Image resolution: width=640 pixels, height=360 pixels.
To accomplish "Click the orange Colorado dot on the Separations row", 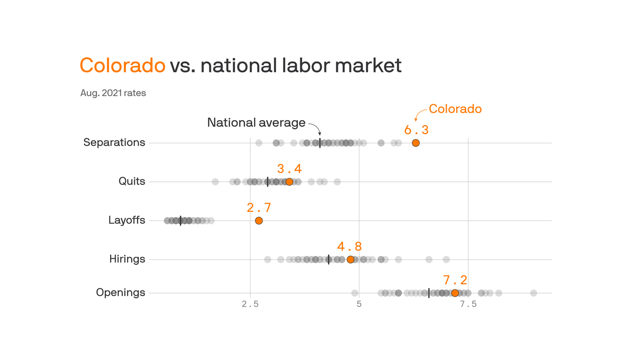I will point(416,143).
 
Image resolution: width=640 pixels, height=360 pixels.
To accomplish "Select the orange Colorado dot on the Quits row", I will point(289,182).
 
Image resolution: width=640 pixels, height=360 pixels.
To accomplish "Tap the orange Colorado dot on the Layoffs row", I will point(259,221).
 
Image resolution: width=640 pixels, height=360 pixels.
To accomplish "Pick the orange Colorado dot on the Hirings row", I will point(350,260).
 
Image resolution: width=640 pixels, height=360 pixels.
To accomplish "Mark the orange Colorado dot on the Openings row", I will point(455,293).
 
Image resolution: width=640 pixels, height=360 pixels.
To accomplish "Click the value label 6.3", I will point(416,130).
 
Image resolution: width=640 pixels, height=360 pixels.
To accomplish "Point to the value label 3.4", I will point(289,169).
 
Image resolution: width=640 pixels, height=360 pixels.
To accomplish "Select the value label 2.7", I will point(259,208).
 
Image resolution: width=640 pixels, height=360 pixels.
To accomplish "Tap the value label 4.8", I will point(350,247).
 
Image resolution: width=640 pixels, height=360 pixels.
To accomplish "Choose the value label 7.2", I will point(455,280).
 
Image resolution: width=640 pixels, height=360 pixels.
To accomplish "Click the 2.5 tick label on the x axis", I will point(250,304).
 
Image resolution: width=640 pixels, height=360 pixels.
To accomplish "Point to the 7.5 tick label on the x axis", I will point(468,304).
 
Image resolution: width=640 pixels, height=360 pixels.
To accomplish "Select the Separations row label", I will point(114,142).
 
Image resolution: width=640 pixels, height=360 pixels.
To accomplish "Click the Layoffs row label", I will point(127,220).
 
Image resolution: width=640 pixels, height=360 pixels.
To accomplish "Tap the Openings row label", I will point(120,293).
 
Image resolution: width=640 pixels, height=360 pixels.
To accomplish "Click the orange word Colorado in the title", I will point(122,65).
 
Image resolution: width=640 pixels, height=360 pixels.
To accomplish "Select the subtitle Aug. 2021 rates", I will point(113,93).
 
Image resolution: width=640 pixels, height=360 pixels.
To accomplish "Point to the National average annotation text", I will point(256,123).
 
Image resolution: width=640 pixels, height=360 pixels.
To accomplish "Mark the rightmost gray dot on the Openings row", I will point(533,293).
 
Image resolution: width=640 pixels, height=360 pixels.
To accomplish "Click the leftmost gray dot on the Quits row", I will point(215,182).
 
